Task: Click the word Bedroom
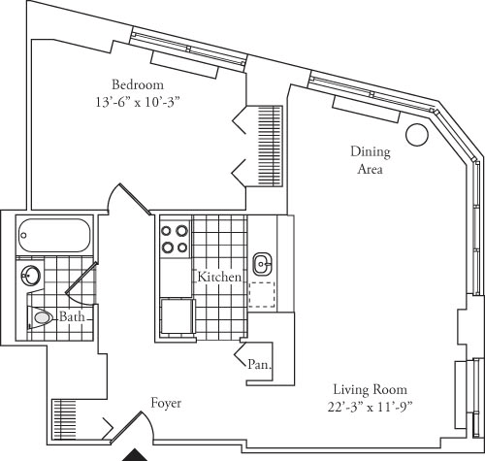click(137, 82)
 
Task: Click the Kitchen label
click(219, 277)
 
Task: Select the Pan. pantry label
click(259, 365)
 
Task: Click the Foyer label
click(166, 402)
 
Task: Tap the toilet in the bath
click(41, 316)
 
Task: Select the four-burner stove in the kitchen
click(174, 239)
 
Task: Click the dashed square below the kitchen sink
click(262, 294)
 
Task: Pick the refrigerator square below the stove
click(176, 317)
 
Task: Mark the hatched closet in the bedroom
click(269, 141)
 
